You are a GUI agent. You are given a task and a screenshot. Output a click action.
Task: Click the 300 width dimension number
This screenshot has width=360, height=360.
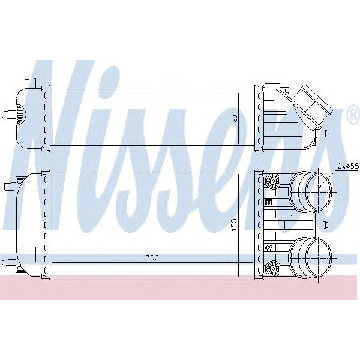152,257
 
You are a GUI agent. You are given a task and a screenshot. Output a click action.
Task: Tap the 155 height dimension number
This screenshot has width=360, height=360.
235,224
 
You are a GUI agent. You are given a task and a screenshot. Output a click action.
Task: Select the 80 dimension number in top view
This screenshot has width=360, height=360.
235,118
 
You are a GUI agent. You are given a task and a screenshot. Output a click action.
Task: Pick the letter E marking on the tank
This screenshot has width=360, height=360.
268,204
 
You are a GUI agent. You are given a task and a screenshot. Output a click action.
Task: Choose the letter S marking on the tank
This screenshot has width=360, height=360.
268,247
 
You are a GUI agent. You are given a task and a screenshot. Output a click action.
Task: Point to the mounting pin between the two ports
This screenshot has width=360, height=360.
323,225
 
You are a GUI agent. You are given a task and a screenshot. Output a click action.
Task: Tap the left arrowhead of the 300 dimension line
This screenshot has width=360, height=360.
55,262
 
